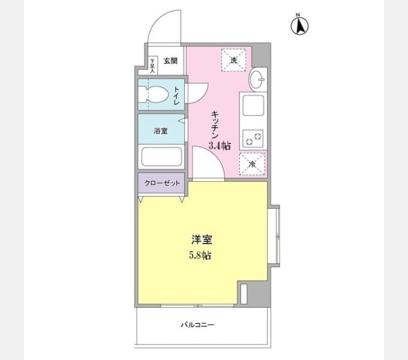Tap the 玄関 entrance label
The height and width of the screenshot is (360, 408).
(x=170, y=61)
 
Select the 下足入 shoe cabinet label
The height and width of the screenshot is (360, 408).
(x=153, y=65)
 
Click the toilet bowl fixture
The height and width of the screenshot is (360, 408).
(x=153, y=94)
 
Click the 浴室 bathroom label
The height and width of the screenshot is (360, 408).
(x=161, y=131)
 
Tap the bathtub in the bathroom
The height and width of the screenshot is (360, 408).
(x=161, y=157)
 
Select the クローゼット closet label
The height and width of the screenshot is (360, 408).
(x=162, y=184)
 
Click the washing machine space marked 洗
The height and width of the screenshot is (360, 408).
(x=233, y=60)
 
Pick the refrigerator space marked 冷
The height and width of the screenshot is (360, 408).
(x=253, y=164)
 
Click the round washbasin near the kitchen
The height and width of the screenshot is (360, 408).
(x=257, y=79)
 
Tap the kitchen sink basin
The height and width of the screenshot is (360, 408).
(x=253, y=105)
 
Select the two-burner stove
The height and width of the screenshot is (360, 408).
(x=253, y=139)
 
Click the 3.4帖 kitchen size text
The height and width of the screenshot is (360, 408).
(x=220, y=146)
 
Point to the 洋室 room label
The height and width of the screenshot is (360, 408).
(x=202, y=239)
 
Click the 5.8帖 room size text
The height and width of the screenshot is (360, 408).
(x=200, y=256)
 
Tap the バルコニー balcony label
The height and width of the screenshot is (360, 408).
(x=197, y=325)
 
